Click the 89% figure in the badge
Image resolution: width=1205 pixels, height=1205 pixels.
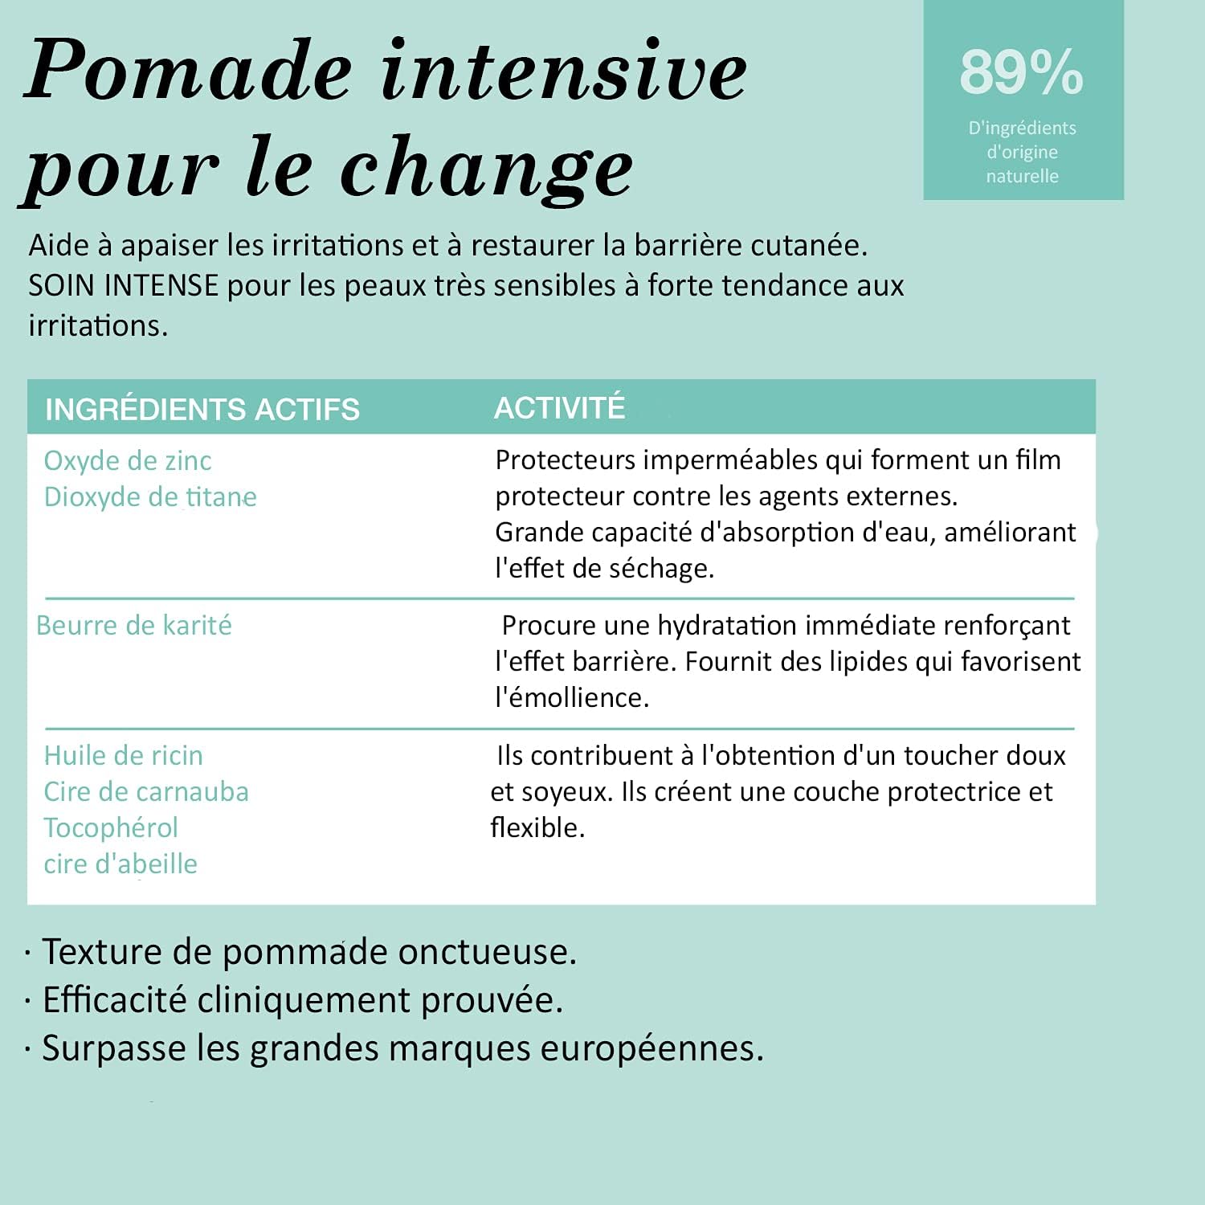click(x=1021, y=72)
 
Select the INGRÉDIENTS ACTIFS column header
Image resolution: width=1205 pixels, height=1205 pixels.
click(x=202, y=409)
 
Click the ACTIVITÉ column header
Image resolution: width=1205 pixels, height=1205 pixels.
click(x=559, y=407)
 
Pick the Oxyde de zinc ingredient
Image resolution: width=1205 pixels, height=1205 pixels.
click(x=128, y=460)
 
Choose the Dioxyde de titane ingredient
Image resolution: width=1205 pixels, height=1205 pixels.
click(x=150, y=496)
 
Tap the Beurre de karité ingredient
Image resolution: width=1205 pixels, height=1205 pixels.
click(x=134, y=625)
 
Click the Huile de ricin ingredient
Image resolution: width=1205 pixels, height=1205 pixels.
click(x=124, y=755)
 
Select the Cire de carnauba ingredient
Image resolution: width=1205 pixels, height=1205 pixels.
click(x=146, y=791)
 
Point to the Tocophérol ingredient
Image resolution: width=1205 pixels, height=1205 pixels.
click(x=111, y=827)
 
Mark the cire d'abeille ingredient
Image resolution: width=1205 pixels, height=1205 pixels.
click(x=120, y=864)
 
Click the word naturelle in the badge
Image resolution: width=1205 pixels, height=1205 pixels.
click(x=1022, y=176)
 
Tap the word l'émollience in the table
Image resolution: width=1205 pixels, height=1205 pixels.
click(x=571, y=697)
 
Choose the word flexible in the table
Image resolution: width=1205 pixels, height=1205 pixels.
click(x=537, y=827)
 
